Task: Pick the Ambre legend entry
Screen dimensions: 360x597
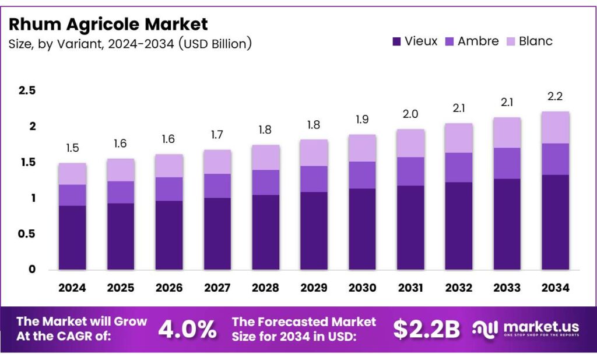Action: [x=472, y=41]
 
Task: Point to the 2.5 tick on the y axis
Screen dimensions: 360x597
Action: [x=27, y=90]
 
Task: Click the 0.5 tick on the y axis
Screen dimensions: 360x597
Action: [x=27, y=234]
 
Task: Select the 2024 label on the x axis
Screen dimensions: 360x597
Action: [x=72, y=288]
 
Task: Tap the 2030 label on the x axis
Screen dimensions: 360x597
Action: [x=362, y=288]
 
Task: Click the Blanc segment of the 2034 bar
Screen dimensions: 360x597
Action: [x=555, y=127]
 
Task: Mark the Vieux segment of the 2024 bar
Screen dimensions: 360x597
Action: [x=72, y=237]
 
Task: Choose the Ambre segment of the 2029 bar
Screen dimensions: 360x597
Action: [x=314, y=179]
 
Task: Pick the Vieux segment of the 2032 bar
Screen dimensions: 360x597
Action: [x=458, y=226]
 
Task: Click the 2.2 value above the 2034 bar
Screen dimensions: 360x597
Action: [x=555, y=97]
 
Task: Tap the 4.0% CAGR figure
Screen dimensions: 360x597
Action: [x=187, y=330]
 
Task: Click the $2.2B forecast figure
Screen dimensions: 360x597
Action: [x=426, y=330]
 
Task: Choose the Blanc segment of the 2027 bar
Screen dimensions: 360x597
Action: [x=217, y=162]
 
